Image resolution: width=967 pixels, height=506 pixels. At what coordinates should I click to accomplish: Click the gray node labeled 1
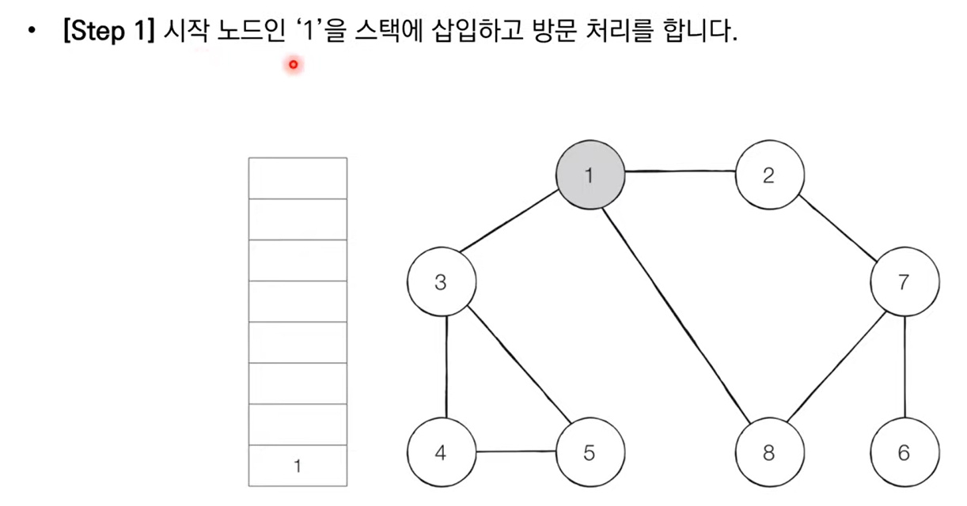click(x=590, y=176)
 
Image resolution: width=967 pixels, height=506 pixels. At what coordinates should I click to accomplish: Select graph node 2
click(x=769, y=176)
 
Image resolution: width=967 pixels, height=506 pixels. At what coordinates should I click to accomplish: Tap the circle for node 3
click(x=441, y=283)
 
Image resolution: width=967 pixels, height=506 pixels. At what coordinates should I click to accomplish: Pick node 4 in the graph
click(x=441, y=453)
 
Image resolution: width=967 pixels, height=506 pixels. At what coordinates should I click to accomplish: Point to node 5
click(x=590, y=453)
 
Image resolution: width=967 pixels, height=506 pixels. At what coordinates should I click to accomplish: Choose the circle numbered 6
click(x=904, y=453)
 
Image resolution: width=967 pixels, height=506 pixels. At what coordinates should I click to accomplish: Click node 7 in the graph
click(x=904, y=283)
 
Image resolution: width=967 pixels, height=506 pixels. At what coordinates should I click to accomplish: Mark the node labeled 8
click(x=769, y=453)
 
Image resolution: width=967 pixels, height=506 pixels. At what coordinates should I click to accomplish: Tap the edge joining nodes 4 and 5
click(x=515, y=453)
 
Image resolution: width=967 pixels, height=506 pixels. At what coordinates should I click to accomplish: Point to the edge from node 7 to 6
click(x=904, y=368)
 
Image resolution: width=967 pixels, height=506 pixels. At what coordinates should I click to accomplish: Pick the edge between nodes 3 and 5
click(x=515, y=366)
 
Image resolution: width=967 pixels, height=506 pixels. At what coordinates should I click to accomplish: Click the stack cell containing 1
click(x=298, y=466)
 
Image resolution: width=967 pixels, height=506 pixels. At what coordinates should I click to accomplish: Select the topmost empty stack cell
click(x=298, y=178)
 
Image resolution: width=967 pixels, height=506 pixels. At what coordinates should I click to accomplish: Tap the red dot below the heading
click(x=293, y=65)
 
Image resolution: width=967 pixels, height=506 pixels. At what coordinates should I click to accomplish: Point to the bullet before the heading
click(x=31, y=35)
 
